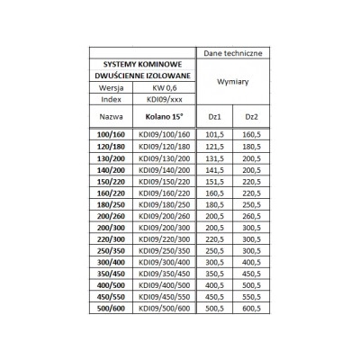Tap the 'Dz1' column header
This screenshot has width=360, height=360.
[214, 117]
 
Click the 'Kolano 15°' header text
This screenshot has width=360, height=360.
[162, 117]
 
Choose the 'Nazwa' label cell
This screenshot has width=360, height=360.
[111, 117]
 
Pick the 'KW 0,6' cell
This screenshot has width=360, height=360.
[162, 87]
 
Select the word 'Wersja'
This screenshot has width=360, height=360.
[111, 87]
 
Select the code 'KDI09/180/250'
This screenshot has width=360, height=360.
[162, 204]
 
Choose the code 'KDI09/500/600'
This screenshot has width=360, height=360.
[162, 307]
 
